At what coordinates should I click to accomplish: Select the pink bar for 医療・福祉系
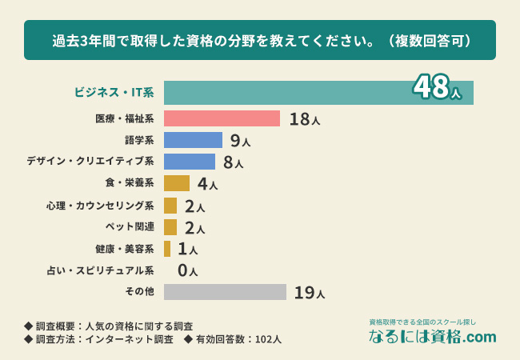(x=222, y=118)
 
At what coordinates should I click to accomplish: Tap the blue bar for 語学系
(x=193, y=140)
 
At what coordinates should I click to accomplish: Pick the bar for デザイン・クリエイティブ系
(x=190, y=162)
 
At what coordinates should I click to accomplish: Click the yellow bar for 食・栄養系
(x=177, y=183)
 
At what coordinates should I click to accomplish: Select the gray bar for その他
(x=225, y=292)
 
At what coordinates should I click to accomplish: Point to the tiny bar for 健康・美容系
(x=167, y=249)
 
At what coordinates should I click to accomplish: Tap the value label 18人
(x=305, y=119)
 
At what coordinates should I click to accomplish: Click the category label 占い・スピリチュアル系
(x=101, y=270)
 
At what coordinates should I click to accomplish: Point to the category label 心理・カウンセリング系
(x=101, y=206)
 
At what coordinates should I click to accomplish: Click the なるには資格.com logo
(x=432, y=337)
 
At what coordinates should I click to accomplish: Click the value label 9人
(x=240, y=141)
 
